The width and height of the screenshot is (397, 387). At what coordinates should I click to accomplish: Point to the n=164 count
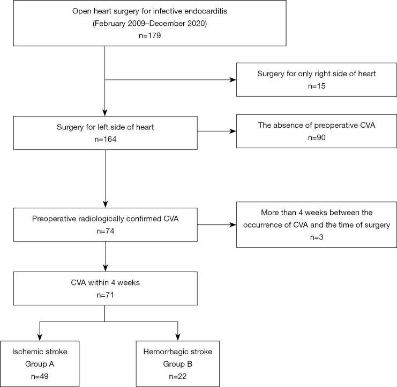(104, 138)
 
